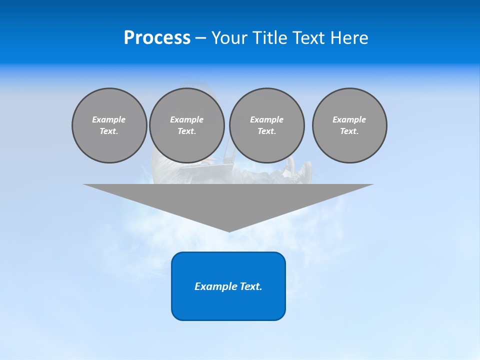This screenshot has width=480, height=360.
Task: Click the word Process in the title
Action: [x=157, y=37]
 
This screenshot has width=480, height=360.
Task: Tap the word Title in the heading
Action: [x=271, y=37]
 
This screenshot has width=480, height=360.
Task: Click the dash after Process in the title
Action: [x=200, y=38]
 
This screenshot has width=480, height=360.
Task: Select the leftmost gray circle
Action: [x=109, y=125]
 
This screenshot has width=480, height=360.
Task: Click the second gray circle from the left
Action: [x=186, y=125]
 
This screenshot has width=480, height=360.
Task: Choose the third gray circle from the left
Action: [x=266, y=125]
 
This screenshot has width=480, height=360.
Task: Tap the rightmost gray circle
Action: [x=349, y=125]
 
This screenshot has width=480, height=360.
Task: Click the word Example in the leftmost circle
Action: [x=109, y=119]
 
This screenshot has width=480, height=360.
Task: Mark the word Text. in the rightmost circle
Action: [x=349, y=131]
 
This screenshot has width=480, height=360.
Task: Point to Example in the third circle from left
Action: [x=266, y=119]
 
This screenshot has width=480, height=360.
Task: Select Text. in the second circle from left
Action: [x=186, y=131]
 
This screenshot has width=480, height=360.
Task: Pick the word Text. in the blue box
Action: [x=251, y=286]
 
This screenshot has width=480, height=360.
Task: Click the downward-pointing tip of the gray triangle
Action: [x=228, y=230]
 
